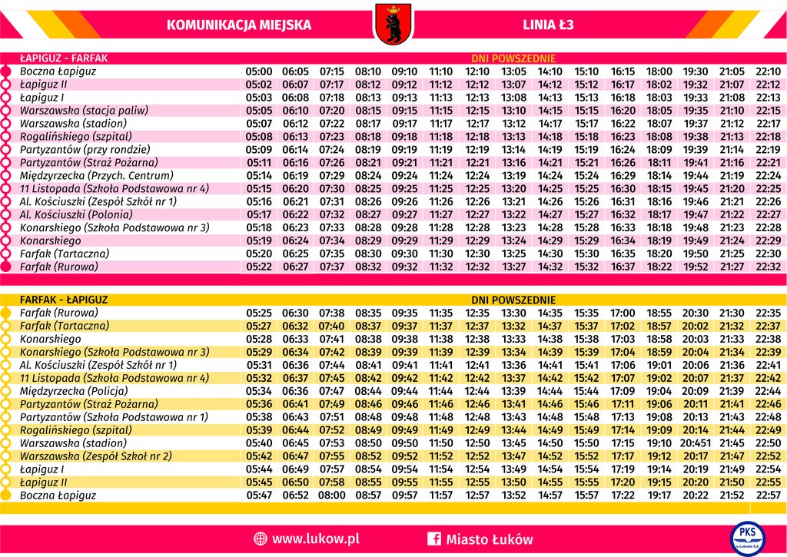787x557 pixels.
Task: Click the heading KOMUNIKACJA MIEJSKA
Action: pyautogui.click(x=239, y=25)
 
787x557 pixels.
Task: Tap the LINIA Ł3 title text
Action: pyautogui.click(x=548, y=25)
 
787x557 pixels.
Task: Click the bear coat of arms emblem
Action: pyautogui.click(x=393, y=23)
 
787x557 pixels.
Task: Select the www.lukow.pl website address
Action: pyautogui.click(x=315, y=539)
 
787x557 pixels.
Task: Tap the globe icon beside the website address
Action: pyautogui.click(x=260, y=539)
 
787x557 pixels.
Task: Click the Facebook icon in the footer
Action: pyautogui.click(x=433, y=539)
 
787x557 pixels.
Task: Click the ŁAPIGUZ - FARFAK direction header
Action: pyautogui.click(x=64, y=58)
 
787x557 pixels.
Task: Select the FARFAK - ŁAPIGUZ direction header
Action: pyautogui.click(x=64, y=300)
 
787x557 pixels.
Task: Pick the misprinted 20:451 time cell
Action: pyautogui.click(x=696, y=443)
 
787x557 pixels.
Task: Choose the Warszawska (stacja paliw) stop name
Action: pyautogui.click(x=84, y=111)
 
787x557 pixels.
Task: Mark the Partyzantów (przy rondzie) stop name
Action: pyautogui.click(x=85, y=150)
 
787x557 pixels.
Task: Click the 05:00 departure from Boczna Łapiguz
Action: pyautogui.click(x=259, y=71)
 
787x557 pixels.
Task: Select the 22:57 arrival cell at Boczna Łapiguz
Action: pyautogui.click(x=769, y=496)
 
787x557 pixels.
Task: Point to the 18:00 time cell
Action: pyautogui.click(x=659, y=71)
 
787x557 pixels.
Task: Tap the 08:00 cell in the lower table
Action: pyautogui.click(x=332, y=496)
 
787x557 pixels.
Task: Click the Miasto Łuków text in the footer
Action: pyautogui.click(x=489, y=539)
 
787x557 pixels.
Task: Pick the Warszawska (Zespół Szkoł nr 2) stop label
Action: pyautogui.click(x=95, y=456)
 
